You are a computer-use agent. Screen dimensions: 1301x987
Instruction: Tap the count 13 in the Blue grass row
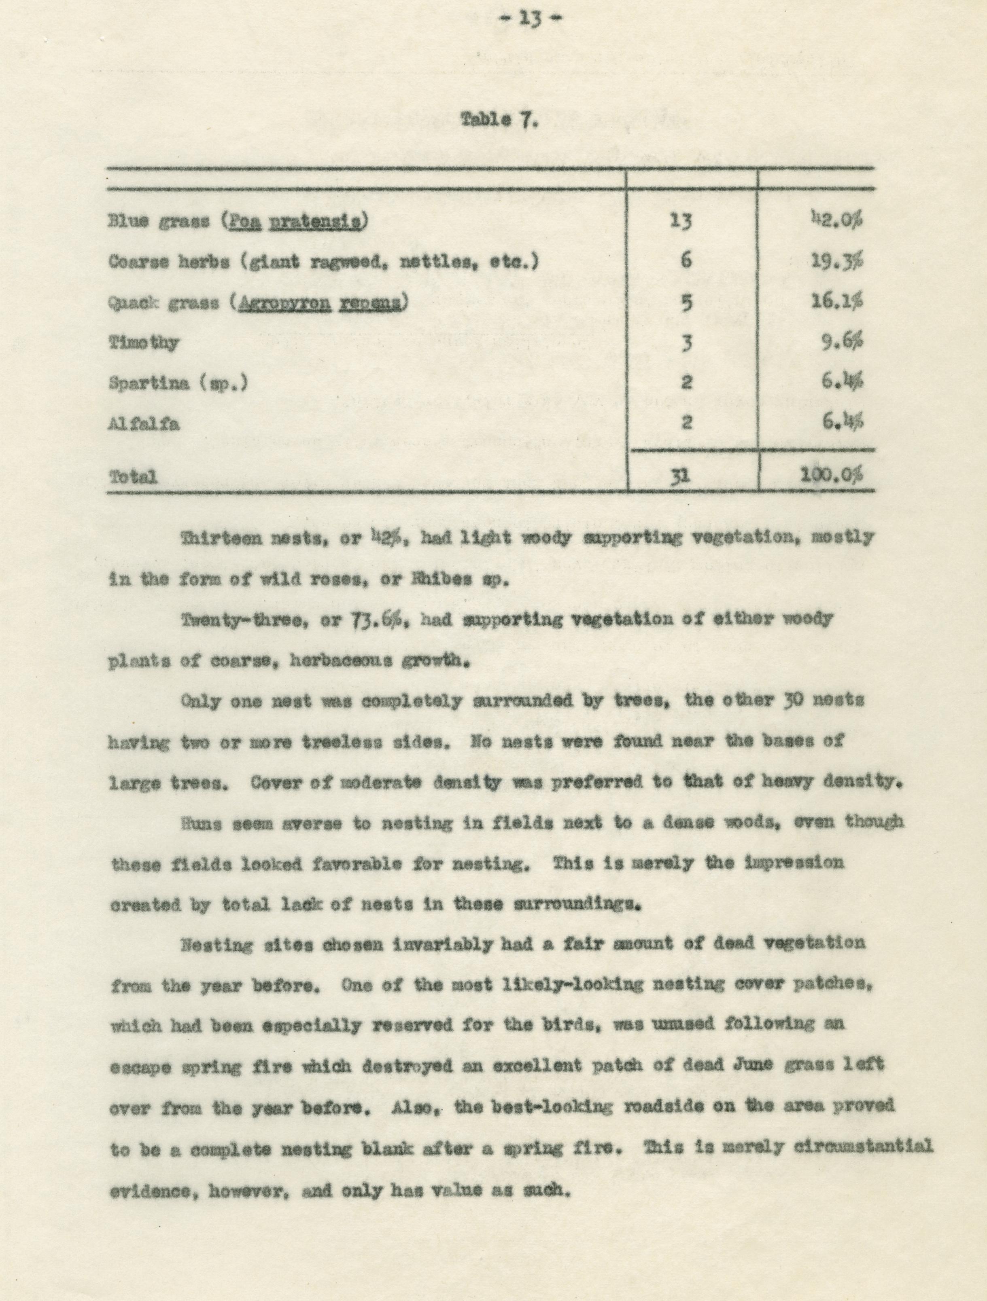(x=681, y=222)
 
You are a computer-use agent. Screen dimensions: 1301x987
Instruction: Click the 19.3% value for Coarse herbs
(x=838, y=261)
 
